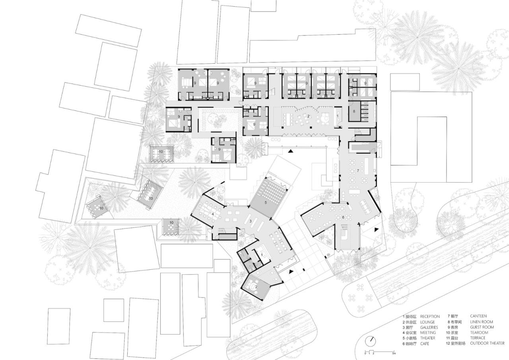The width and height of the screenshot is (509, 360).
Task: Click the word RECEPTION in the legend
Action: (430, 317)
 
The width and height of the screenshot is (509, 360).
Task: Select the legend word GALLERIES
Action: (429, 327)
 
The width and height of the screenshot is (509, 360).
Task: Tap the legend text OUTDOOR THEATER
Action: (487, 343)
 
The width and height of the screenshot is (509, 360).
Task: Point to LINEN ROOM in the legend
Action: (481, 322)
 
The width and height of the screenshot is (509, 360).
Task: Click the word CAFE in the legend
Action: (425, 343)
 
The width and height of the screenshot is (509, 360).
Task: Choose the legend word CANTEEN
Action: (478, 317)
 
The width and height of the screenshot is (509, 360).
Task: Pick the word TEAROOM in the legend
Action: (479, 333)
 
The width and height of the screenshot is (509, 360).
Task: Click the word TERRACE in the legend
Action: (478, 338)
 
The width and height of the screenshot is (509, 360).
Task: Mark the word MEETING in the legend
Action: (428, 333)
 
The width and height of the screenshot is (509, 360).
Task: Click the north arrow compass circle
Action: (371, 341)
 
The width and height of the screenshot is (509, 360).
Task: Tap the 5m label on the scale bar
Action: (394, 353)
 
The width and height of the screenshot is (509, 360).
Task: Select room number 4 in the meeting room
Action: (213, 214)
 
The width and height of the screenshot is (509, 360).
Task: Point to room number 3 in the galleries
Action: (250, 221)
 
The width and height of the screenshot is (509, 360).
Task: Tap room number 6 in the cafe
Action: (342, 217)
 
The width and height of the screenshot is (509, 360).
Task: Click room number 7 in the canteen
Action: (358, 171)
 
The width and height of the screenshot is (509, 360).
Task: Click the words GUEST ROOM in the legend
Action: (482, 327)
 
